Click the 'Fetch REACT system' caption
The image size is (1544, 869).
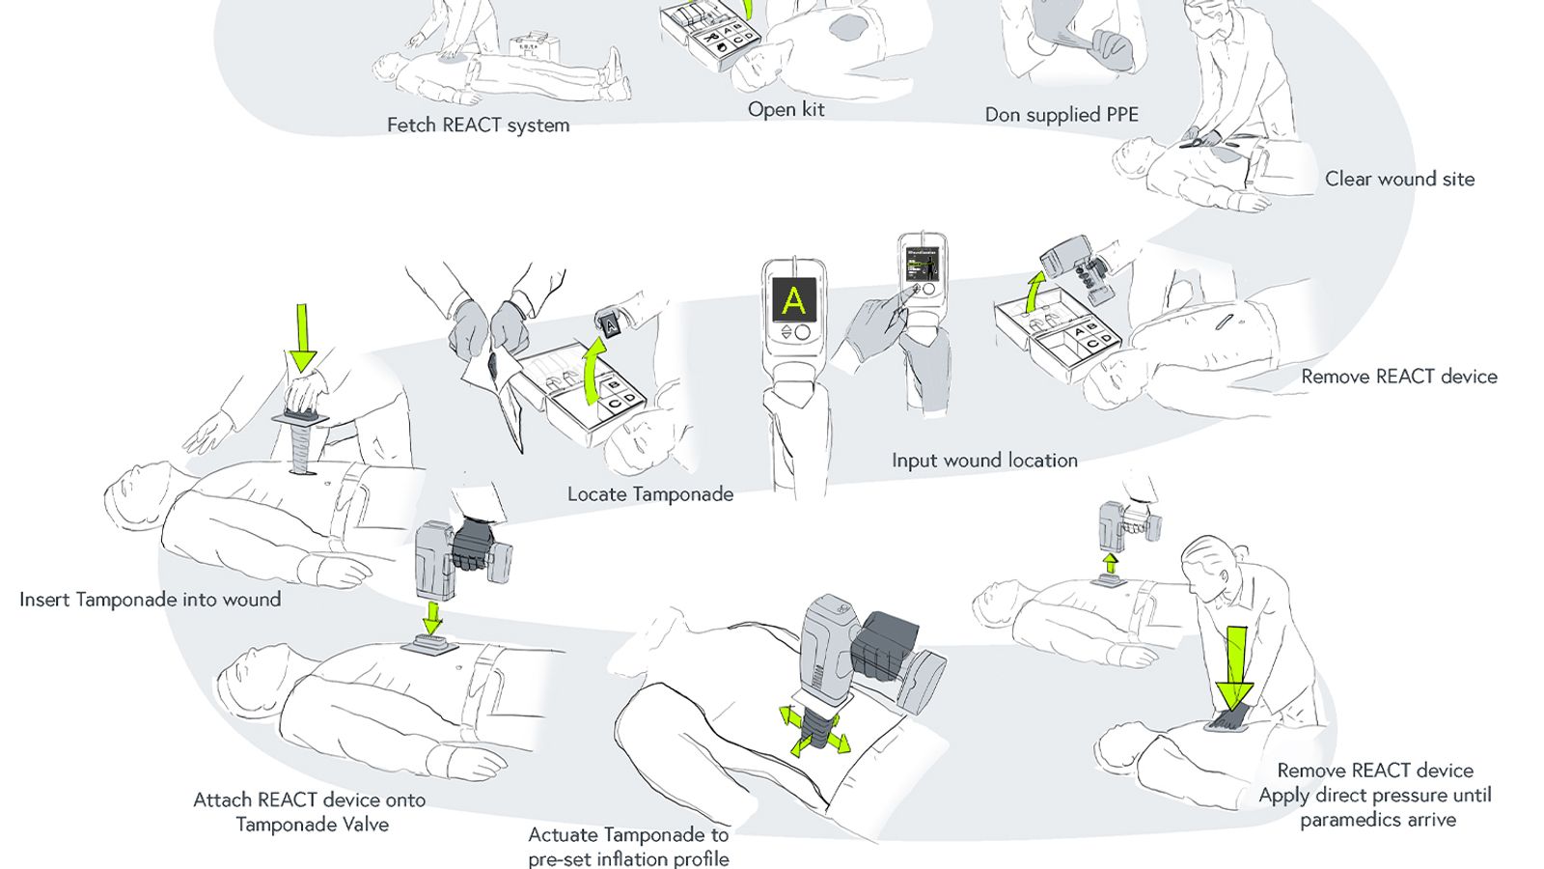[x=478, y=126]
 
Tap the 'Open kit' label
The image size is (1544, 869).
[x=786, y=110]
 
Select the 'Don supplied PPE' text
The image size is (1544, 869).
[x=1061, y=115]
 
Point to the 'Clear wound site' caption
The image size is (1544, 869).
[x=1399, y=179]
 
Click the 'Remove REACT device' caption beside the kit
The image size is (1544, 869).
[x=1399, y=377]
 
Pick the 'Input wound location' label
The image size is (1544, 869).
[x=984, y=461]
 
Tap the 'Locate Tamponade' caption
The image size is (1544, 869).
[x=650, y=494]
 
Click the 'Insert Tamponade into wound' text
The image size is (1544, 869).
[x=151, y=600]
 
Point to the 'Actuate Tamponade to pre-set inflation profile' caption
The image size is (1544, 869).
[x=628, y=847]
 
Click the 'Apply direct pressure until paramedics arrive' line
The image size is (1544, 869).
[x=1375, y=807]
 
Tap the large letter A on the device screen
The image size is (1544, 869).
[x=793, y=300]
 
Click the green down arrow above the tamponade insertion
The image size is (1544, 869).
[x=302, y=338]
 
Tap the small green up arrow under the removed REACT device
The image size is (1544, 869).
[x=1111, y=563]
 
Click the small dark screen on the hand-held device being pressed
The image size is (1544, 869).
[x=922, y=266]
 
